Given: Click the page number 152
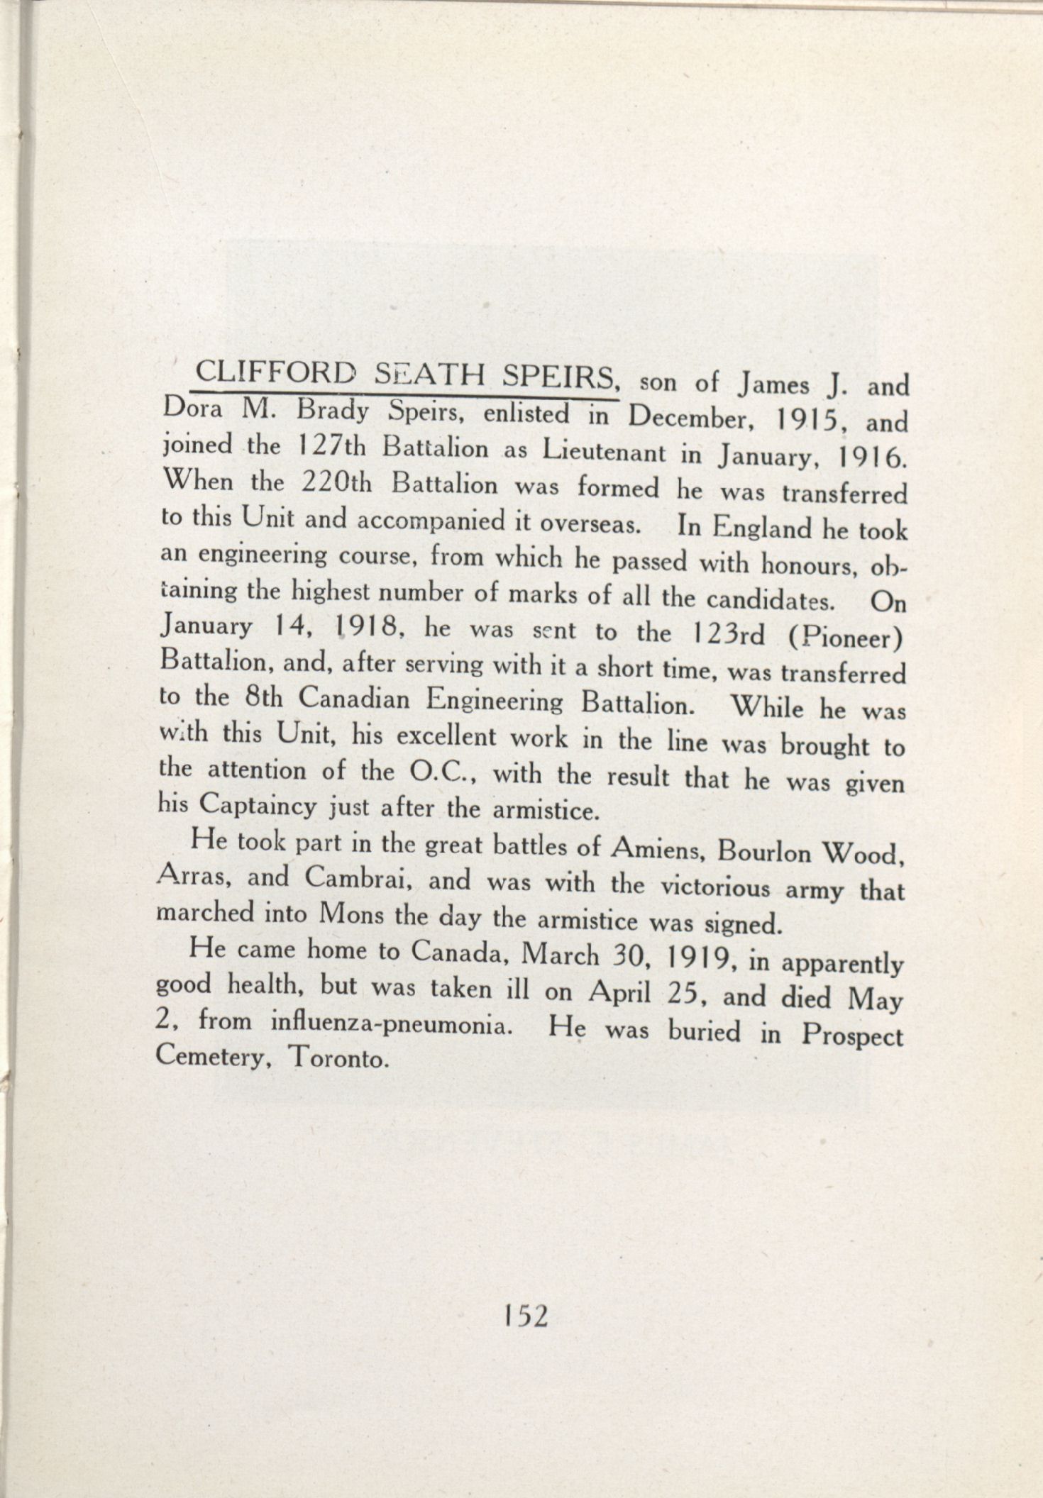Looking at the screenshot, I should click(x=525, y=1316).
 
